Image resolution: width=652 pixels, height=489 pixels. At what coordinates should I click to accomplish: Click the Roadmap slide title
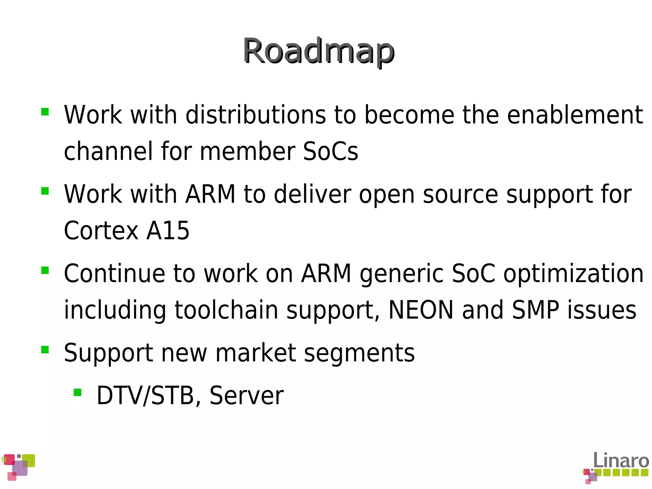[x=319, y=51]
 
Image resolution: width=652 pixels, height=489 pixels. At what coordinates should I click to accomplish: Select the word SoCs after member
[x=330, y=152]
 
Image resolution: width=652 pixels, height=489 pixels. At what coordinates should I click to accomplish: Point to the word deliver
[x=312, y=194]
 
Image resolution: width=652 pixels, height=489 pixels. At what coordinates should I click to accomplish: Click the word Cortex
[x=101, y=231]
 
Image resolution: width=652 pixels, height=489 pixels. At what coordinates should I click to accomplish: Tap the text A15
[x=168, y=231]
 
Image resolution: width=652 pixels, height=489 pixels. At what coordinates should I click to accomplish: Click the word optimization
[x=573, y=274]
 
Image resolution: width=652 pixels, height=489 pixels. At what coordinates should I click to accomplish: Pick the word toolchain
[x=226, y=310]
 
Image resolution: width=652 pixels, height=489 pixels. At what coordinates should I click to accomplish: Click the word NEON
[x=421, y=310]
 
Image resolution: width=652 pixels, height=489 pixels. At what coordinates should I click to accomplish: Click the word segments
[x=359, y=353]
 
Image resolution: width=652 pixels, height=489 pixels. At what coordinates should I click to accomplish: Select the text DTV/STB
[x=145, y=396]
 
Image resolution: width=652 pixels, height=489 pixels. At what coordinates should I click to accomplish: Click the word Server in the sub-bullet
[x=246, y=396]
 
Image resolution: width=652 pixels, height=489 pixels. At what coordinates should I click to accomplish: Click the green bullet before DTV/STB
[x=77, y=392]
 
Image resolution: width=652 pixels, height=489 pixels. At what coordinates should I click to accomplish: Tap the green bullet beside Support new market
[x=45, y=350]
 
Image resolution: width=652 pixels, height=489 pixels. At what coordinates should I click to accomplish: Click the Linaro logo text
[x=621, y=461]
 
